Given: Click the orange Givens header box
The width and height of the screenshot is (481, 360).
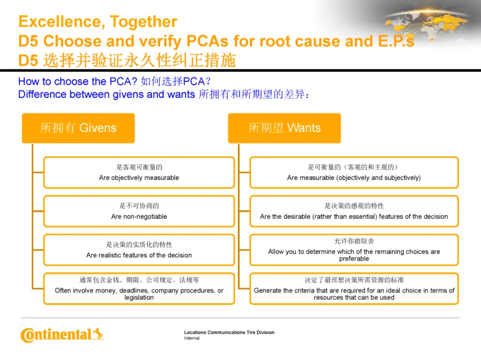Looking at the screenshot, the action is (x=78, y=128).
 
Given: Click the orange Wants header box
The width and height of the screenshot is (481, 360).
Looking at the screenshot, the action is (x=284, y=128).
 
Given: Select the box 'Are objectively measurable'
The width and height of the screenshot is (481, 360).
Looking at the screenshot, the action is (x=139, y=173).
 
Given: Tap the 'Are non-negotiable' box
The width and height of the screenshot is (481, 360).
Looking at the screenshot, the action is (x=139, y=211).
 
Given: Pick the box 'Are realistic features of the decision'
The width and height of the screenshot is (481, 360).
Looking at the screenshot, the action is (x=139, y=250).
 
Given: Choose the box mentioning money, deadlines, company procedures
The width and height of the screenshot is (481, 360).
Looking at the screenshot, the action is (x=139, y=289).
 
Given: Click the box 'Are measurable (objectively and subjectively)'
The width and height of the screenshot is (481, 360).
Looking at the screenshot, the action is (x=354, y=173).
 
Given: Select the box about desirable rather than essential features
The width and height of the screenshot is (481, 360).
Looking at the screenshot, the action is (x=354, y=211).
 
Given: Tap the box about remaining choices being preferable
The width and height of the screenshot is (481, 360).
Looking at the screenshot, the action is (x=354, y=250).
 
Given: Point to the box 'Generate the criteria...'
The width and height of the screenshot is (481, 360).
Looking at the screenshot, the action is (x=354, y=289).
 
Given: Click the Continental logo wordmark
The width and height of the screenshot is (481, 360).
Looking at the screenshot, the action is (x=56, y=335).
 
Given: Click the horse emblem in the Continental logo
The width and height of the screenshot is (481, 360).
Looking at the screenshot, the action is (x=98, y=333).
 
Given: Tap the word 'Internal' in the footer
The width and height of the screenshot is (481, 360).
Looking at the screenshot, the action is (x=192, y=338).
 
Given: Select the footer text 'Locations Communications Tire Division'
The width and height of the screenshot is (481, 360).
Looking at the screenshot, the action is (x=229, y=332).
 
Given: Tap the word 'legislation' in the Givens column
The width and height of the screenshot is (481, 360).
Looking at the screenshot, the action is (x=139, y=297).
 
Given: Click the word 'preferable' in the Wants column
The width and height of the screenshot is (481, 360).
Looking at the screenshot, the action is (x=354, y=259).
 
